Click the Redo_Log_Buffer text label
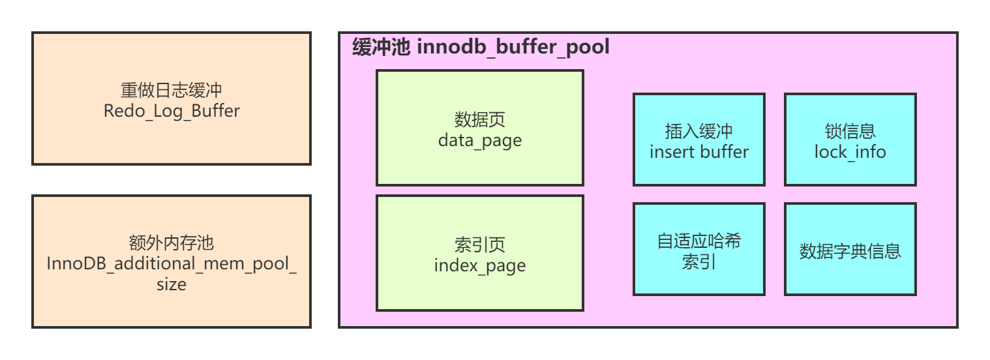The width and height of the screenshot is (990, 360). point(172,111)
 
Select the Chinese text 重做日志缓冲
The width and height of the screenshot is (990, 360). point(172,90)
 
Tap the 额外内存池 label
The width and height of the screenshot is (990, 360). point(172,243)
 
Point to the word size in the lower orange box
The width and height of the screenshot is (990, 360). point(172,285)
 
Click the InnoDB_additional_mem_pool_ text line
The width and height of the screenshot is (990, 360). point(172,264)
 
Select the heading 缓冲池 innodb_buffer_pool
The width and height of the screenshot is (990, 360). point(481,47)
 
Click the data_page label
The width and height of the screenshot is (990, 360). point(479,140)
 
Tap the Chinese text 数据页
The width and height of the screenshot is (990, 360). point(479,119)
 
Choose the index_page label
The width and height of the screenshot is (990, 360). point(479,265)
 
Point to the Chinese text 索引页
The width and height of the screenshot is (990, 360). point(479,245)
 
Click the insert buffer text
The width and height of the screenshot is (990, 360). point(698,152)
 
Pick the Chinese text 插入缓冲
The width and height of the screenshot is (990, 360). point(698,131)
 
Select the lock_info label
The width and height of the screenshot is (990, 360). point(850,152)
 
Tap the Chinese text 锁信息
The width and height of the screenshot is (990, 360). point(850,131)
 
